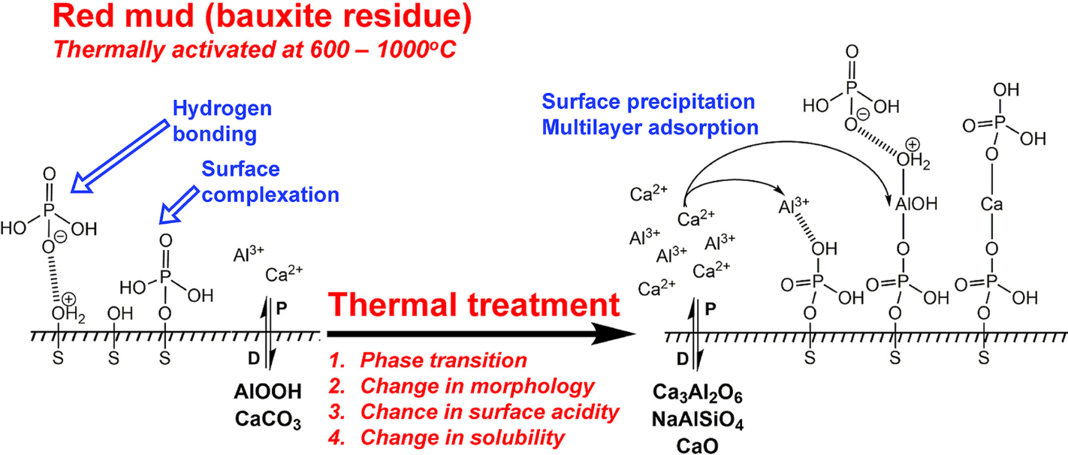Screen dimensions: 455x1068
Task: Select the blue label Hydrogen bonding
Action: [x=222, y=122]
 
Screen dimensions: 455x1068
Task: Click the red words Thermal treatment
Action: [x=474, y=305]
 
